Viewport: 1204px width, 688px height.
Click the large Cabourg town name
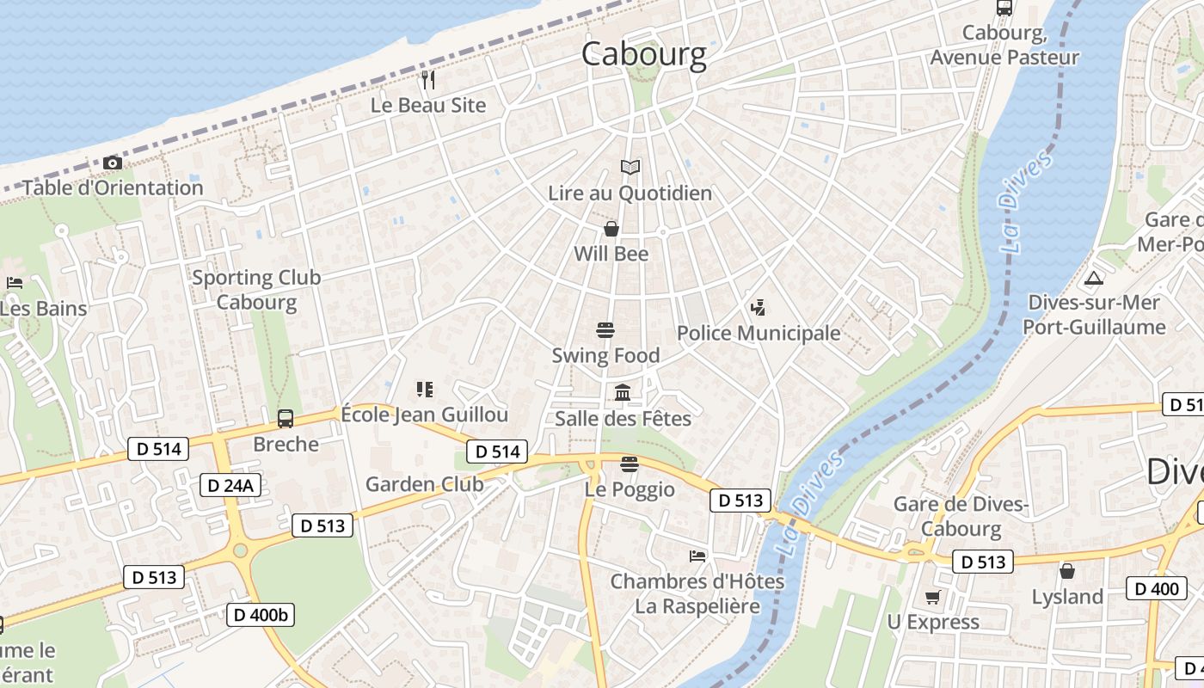[643, 53]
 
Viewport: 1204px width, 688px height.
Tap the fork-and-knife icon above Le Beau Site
[428, 80]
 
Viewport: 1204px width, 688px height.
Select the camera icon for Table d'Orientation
[112, 163]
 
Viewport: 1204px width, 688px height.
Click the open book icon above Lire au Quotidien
[630, 167]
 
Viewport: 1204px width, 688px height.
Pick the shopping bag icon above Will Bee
[611, 229]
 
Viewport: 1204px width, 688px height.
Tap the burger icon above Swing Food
[605, 329]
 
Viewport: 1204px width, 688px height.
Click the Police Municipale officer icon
[758, 307]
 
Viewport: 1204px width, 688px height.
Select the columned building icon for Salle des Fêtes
[623, 393]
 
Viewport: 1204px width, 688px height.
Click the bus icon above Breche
[286, 419]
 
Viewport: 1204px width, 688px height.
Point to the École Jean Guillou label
[425, 415]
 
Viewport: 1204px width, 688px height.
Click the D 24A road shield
[230, 485]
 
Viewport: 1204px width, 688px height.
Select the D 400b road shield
[261, 614]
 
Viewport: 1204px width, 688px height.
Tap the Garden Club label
[425, 484]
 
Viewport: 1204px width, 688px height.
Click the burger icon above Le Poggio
[630, 464]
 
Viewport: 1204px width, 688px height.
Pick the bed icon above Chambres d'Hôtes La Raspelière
[697, 556]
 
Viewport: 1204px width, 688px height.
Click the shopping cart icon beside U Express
[932, 597]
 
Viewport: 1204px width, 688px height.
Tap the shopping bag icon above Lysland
[1067, 571]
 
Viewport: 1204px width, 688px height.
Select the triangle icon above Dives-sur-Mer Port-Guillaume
[1093, 278]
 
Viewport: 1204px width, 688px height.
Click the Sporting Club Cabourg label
[256, 290]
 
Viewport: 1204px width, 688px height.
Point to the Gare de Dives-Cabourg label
[961, 516]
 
